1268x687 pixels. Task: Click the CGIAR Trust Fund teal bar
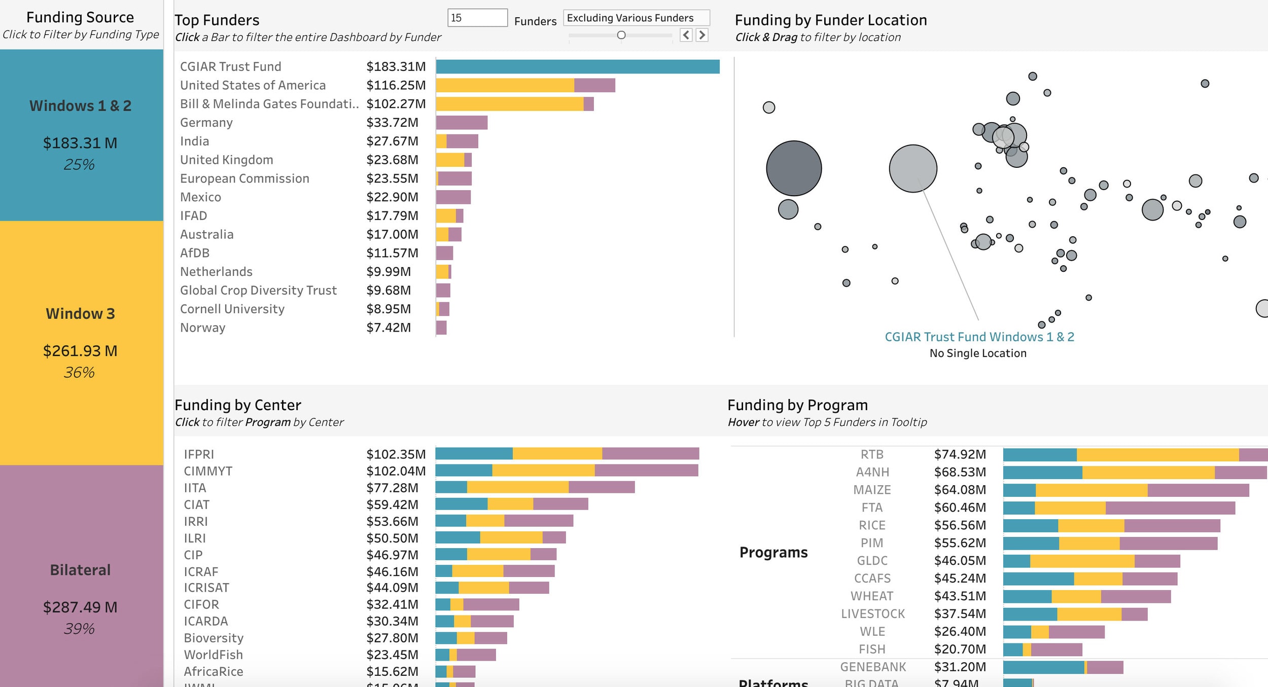coord(577,66)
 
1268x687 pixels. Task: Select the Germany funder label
coord(206,123)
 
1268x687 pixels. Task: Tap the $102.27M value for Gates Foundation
coord(396,104)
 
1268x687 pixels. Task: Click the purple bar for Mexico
coord(453,197)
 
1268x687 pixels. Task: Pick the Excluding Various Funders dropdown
coord(636,18)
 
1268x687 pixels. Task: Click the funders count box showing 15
coord(477,18)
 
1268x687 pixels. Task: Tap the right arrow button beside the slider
coord(702,35)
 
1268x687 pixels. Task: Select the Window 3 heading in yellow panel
coord(81,314)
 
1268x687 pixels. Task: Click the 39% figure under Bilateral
coord(80,629)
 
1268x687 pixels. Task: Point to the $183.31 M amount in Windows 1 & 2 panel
coord(80,143)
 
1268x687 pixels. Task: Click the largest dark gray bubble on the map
coord(794,168)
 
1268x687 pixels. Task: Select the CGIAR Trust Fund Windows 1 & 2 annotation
coord(979,337)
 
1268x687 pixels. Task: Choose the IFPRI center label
coord(199,454)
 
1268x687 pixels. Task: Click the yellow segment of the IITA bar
coord(517,488)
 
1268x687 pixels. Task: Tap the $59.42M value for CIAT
coord(392,505)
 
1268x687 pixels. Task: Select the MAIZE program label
coord(872,490)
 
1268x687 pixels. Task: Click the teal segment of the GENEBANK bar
coord(1043,667)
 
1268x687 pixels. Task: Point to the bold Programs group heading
coord(773,552)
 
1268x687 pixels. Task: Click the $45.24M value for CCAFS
coord(960,578)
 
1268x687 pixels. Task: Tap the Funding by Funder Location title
coord(830,20)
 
